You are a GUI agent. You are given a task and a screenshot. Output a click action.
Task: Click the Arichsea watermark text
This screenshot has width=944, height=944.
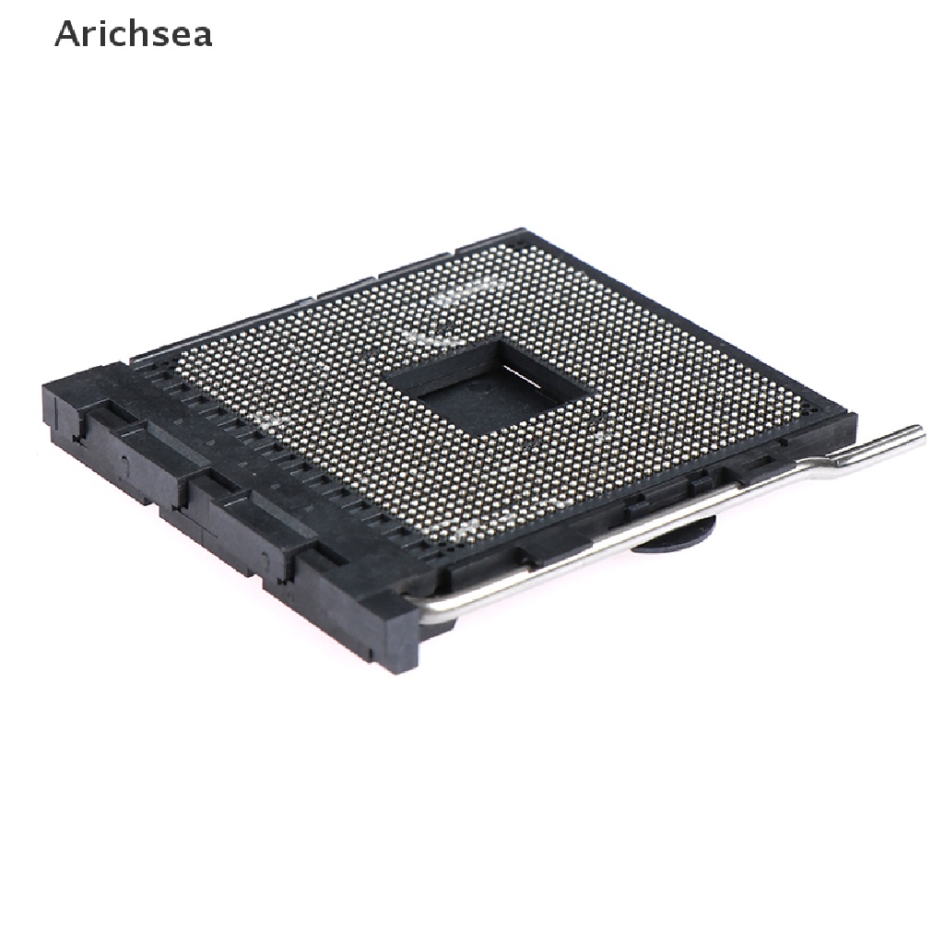pyautogui.click(x=133, y=34)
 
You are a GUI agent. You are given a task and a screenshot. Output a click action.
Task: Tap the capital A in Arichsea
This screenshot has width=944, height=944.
pyautogui.click(x=65, y=34)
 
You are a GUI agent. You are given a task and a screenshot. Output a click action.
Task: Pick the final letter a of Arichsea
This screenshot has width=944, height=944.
pyautogui.click(x=203, y=38)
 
